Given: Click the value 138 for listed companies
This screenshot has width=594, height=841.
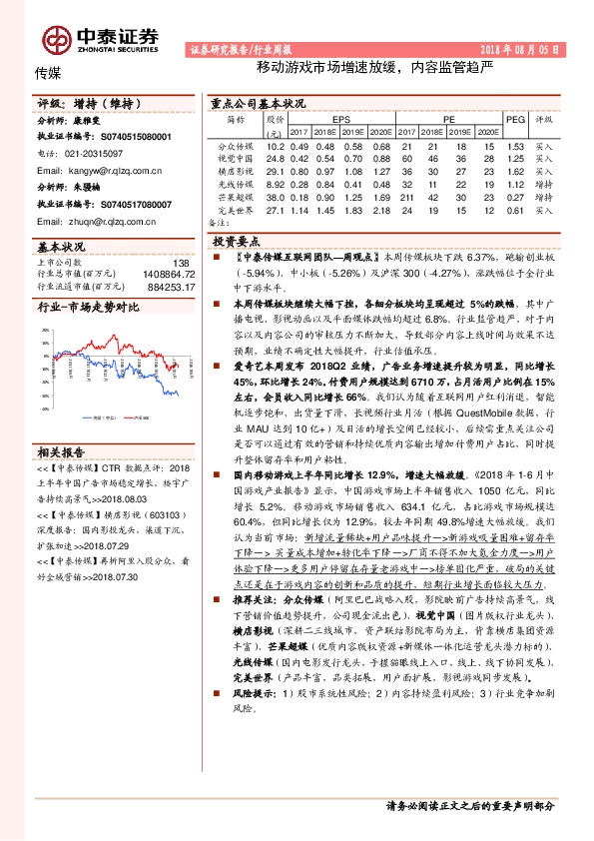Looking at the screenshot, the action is (181, 263).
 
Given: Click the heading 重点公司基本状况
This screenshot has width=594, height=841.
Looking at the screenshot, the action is (258, 104).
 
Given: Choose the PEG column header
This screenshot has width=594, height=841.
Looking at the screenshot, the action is (515, 118).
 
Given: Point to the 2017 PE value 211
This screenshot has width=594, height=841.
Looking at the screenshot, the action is (405, 198).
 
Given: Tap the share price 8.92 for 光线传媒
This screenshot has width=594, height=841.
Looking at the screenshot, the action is (275, 185).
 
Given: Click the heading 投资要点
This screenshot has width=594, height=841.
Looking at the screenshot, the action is (236, 242).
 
